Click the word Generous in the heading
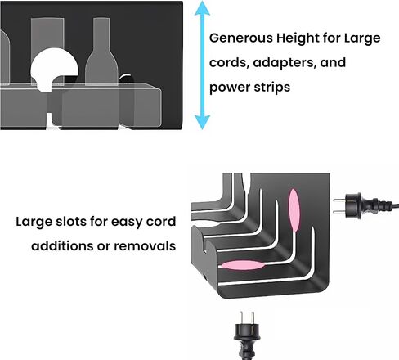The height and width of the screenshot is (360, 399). point(241,38)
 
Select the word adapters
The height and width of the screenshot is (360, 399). point(285,63)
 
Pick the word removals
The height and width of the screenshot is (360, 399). point(145,245)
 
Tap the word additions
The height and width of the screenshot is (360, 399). point(62,245)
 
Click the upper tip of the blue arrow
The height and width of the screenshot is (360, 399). point(202,2)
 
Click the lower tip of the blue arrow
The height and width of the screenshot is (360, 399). point(202,129)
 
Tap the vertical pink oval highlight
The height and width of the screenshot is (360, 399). point(294,209)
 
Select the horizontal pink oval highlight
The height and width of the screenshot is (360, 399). point(242,265)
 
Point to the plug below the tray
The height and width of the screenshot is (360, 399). point(247,335)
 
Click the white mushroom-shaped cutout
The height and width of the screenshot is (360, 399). point(54,68)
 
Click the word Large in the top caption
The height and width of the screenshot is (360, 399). point(362,38)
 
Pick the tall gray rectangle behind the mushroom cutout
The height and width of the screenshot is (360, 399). point(47,33)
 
